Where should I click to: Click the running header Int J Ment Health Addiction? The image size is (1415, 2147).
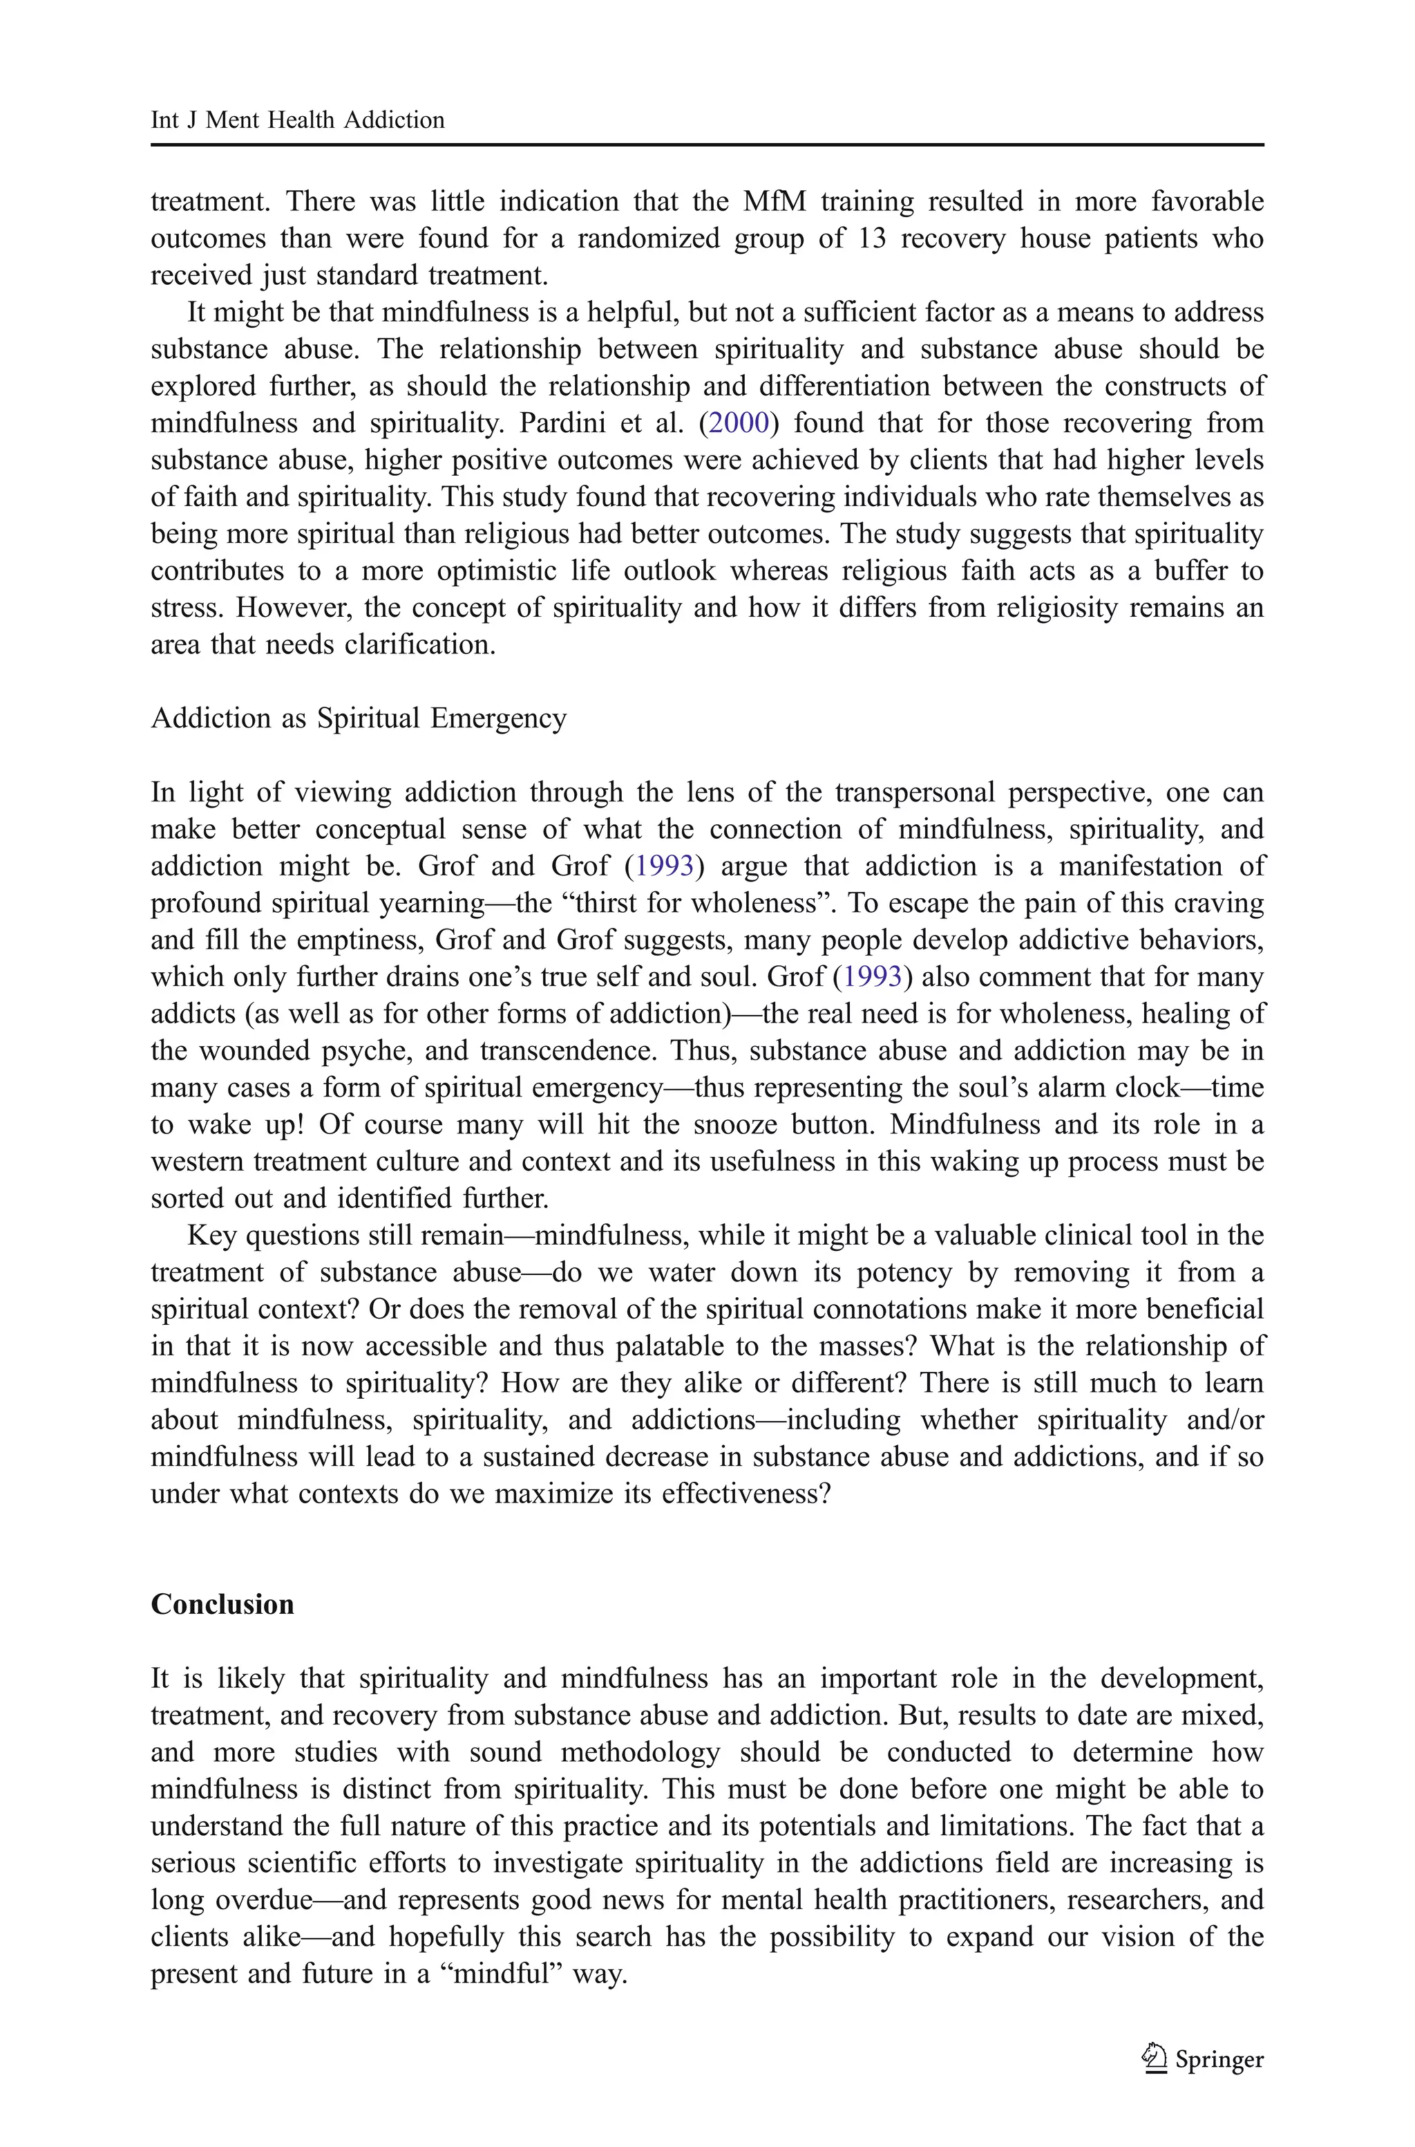click(297, 120)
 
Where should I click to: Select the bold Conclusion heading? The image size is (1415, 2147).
click(222, 1604)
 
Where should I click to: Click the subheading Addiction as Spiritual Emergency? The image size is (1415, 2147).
click(359, 718)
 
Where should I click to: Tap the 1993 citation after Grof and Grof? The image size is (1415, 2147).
click(664, 866)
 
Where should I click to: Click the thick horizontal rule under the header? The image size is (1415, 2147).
click(707, 145)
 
